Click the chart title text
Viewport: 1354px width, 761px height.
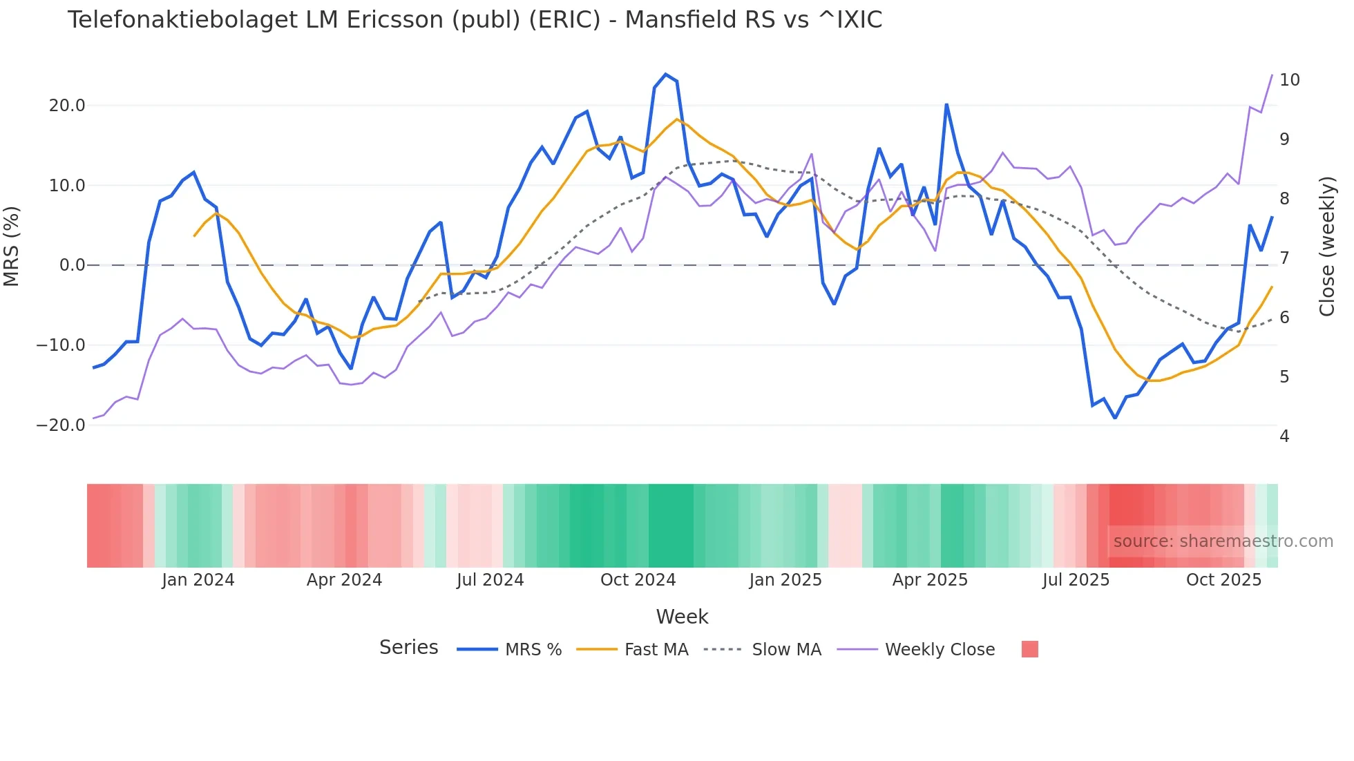(x=475, y=20)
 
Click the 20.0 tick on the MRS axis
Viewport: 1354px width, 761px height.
(x=67, y=106)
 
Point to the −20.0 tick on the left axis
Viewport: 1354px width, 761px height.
(x=61, y=425)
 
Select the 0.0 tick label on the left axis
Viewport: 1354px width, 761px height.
(x=72, y=265)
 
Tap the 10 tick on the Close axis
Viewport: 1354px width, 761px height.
(x=1289, y=80)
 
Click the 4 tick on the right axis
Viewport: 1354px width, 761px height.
(x=1284, y=436)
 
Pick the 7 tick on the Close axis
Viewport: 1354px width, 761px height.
(x=1284, y=258)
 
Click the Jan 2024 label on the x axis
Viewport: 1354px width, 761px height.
(x=198, y=580)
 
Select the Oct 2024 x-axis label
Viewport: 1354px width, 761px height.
(x=638, y=580)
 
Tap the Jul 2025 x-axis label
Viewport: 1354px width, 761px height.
(x=1076, y=580)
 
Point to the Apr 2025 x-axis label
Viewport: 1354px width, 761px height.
(x=930, y=580)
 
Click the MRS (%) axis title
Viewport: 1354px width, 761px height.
(x=12, y=247)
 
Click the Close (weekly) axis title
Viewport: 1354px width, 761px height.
(x=1327, y=247)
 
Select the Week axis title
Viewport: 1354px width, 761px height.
(x=682, y=617)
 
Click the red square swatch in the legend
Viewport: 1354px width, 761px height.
(x=1029, y=649)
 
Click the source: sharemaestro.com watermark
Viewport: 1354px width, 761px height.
(x=1223, y=541)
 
